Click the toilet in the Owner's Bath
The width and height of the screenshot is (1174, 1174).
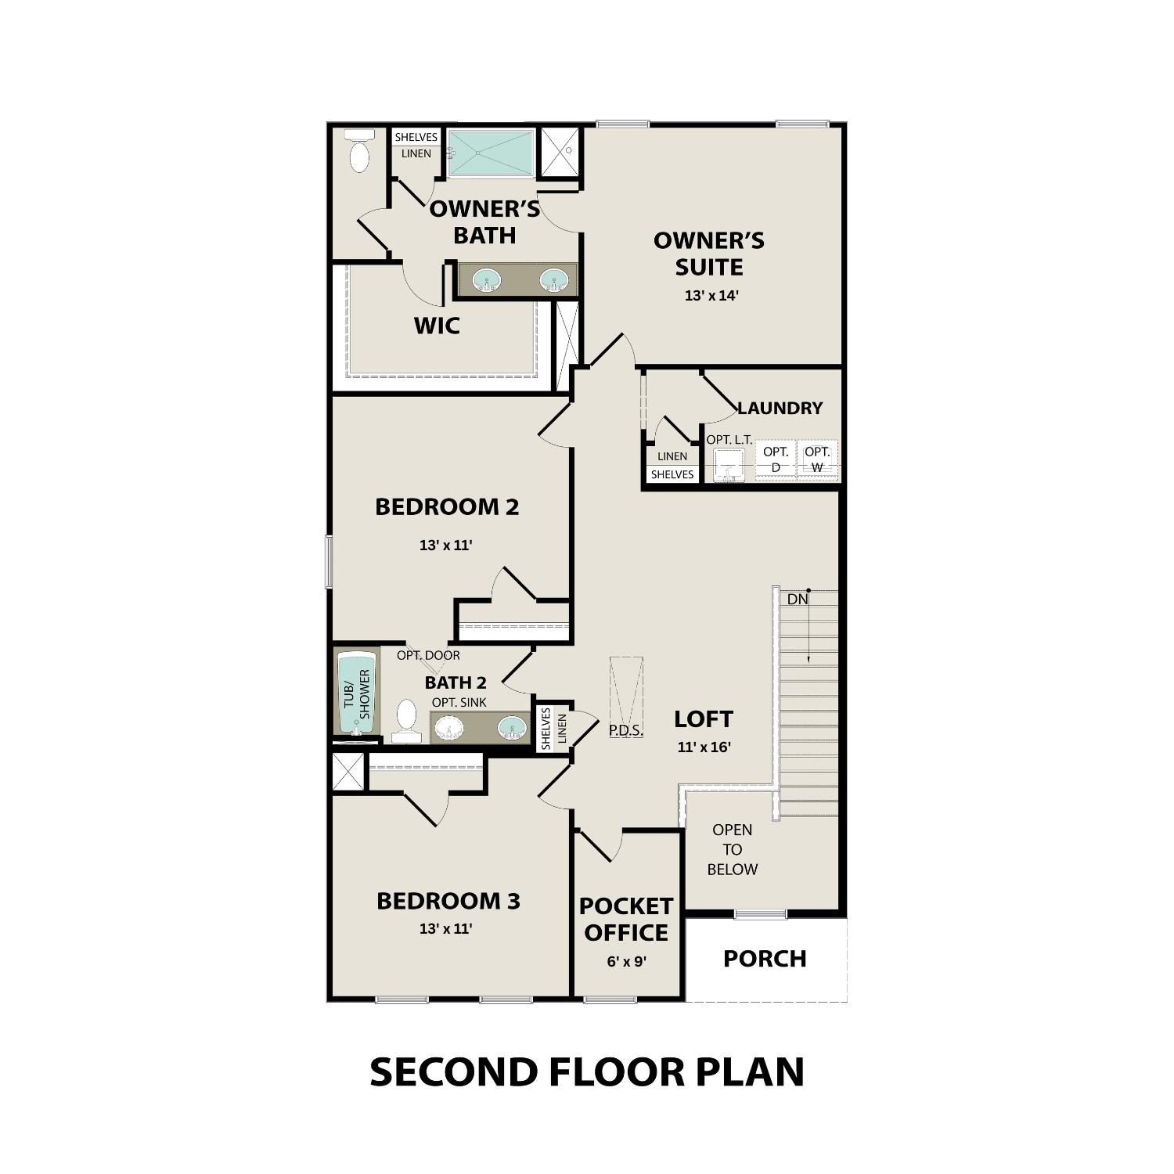pos(359,152)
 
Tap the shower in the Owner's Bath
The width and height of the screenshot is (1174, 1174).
pos(491,153)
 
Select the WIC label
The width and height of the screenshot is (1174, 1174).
pos(437,326)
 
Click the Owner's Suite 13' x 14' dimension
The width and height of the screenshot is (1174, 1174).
pos(711,296)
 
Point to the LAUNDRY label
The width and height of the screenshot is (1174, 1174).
pos(780,408)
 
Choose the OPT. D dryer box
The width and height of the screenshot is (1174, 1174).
pos(776,459)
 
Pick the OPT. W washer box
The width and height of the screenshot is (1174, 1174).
pos(817,459)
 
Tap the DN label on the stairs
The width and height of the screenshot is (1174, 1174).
pos(798,600)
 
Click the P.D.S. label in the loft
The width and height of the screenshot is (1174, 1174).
pos(626,730)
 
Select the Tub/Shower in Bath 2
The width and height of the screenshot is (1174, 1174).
pos(357,693)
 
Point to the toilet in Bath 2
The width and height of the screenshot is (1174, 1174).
pos(406,721)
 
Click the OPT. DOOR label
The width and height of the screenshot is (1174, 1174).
pos(428,656)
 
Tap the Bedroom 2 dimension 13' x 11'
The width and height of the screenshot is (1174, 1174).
pos(446,546)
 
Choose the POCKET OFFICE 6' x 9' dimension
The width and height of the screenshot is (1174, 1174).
pos(626,961)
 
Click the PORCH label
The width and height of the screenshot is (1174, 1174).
pos(765,959)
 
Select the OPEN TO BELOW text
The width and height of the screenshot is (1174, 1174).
pos(733,849)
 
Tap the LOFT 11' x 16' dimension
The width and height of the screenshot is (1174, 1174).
pos(704,747)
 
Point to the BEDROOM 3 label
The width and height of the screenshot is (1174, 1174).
pos(448,902)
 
